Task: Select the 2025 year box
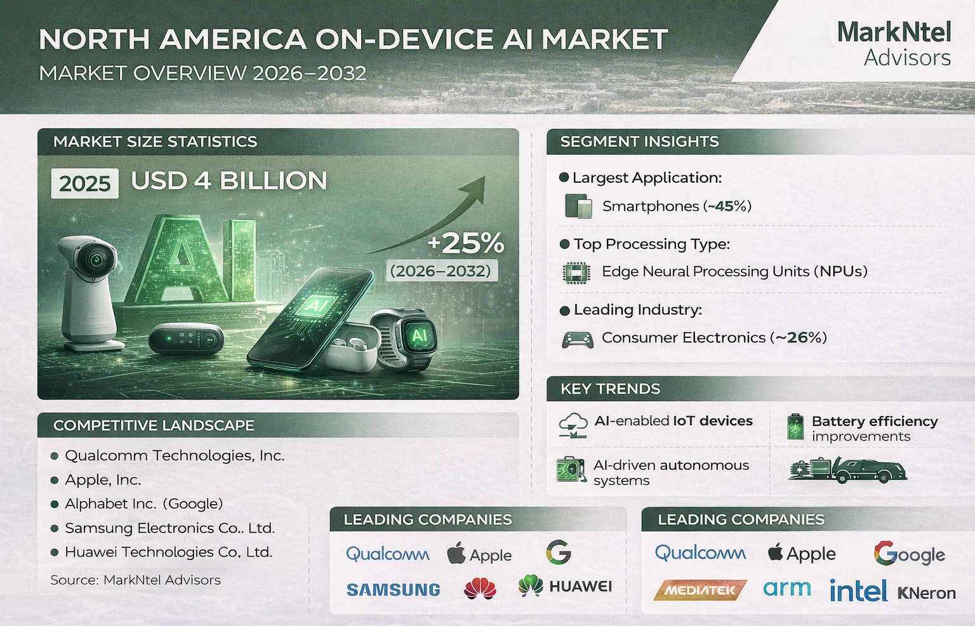click(84, 183)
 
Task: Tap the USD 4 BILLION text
click(229, 181)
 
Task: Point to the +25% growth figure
click(466, 243)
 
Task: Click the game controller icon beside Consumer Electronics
click(578, 339)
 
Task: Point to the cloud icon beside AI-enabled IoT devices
click(573, 425)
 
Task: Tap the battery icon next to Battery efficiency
click(794, 427)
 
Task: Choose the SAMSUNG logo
click(394, 590)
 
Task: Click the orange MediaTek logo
click(700, 590)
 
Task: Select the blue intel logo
click(858, 591)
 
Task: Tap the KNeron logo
click(926, 593)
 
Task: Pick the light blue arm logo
click(787, 589)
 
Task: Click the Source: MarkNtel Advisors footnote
click(135, 580)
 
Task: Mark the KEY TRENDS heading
click(610, 389)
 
